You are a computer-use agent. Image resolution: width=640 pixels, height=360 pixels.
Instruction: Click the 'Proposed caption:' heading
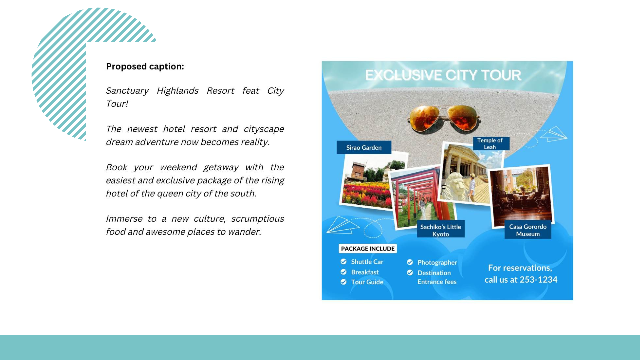(x=145, y=67)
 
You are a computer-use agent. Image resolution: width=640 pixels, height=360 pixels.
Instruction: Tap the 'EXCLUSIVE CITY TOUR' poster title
(x=443, y=75)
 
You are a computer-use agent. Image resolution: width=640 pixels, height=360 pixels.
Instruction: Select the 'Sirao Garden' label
(x=364, y=147)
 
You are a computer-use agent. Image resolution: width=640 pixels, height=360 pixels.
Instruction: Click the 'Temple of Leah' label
(x=490, y=144)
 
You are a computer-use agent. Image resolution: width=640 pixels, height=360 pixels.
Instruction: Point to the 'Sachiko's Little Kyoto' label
(x=441, y=230)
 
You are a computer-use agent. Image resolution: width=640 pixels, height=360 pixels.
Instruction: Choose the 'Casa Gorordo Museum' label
(x=528, y=230)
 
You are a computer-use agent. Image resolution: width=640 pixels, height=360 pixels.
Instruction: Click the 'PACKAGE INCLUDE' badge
(x=368, y=249)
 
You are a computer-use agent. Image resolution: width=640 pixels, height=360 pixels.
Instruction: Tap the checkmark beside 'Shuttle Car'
(x=344, y=262)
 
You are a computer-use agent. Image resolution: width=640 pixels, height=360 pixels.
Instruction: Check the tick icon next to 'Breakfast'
(x=344, y=272)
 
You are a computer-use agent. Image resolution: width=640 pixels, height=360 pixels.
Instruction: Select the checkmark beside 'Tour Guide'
(x=344, y=282)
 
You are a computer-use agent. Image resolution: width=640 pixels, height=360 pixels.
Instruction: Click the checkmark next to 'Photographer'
(x=410, y=262)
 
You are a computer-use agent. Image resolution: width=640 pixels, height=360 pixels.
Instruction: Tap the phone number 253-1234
(x=538, y=279)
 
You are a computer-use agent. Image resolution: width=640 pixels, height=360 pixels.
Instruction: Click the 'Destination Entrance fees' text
(x=437, y=277)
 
